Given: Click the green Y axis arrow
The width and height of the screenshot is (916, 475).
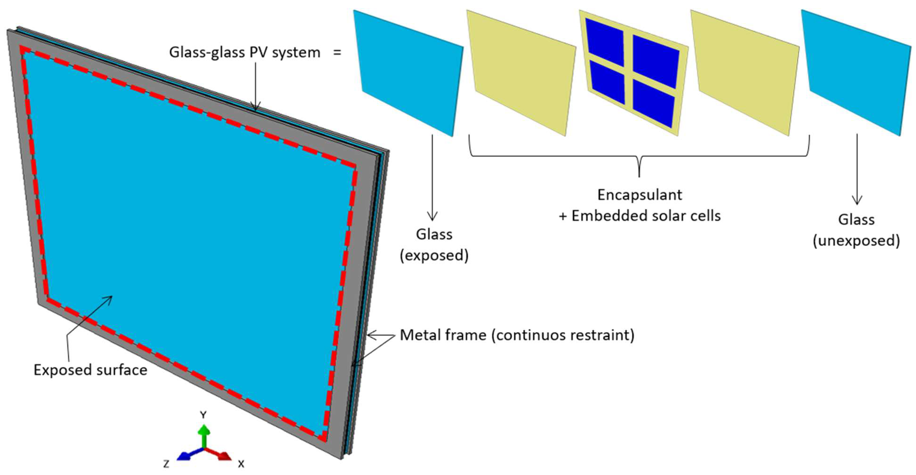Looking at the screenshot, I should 204,435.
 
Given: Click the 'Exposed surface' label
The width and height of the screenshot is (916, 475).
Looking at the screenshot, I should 90,370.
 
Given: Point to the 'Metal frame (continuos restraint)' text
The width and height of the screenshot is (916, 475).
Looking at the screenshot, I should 517,335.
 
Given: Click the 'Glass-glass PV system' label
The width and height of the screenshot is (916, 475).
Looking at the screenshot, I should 245,52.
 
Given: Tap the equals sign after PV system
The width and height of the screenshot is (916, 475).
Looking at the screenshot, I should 337,53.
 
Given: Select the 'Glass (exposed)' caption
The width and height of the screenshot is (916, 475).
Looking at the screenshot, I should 434,245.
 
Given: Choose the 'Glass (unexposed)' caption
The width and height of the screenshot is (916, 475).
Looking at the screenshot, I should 856,230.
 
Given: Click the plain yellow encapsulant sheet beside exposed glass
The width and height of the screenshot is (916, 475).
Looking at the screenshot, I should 521,73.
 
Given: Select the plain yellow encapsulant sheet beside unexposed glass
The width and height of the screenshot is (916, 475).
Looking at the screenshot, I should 745,73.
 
